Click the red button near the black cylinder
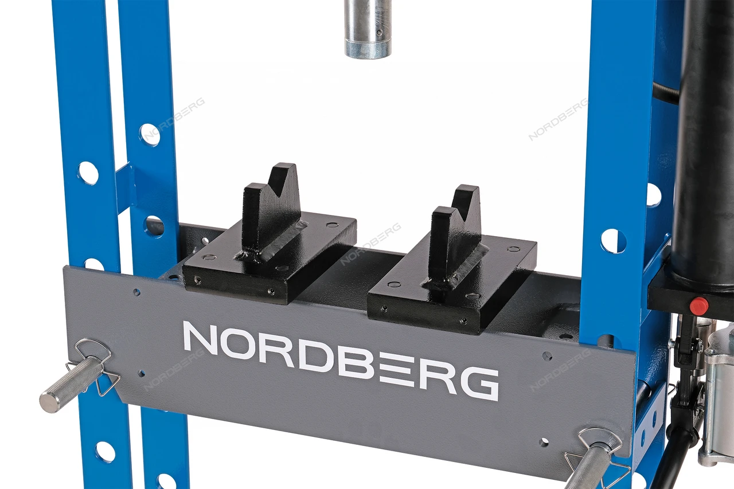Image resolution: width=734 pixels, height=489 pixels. pyautogui.click(x=699, y=305)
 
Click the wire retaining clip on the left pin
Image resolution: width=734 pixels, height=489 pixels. pyautogui.click(x=93, y=366)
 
